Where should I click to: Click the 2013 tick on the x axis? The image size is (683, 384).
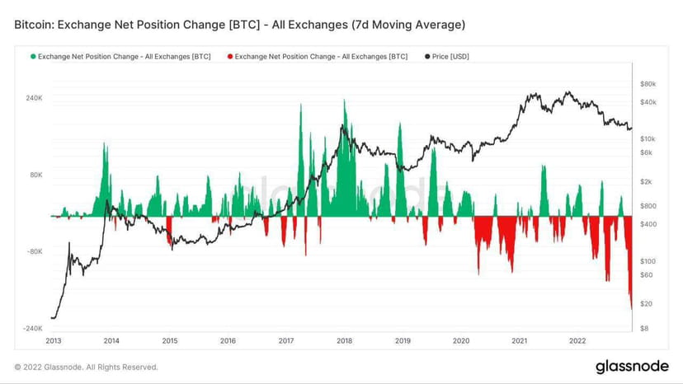coord(53,340)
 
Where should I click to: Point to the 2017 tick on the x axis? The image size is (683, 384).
coord(286,340)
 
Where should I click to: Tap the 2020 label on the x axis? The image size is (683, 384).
coord(461,340)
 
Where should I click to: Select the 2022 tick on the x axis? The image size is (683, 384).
coord(577,340)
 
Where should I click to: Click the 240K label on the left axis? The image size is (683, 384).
coord(34,98)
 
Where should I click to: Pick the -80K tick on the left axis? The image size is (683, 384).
coord(34,252)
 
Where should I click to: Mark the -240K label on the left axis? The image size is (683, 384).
coord(32,329)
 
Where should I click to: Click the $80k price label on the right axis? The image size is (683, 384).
coord(648,84)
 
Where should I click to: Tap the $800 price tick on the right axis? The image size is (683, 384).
coord(648,206)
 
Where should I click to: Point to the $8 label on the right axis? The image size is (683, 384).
coord(644,329)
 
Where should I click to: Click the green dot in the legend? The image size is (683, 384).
coord(33,56)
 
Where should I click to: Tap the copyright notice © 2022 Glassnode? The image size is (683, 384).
coord(86,367)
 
